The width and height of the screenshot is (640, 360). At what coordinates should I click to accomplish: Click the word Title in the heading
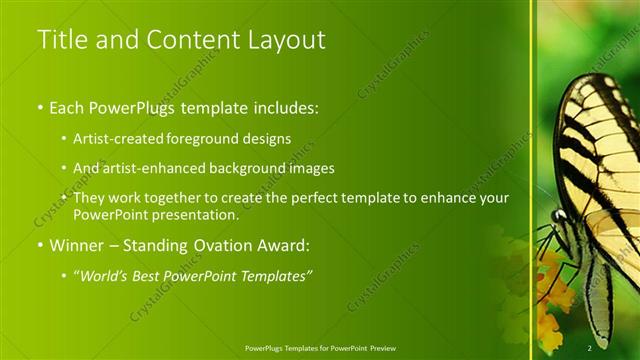[61, 40]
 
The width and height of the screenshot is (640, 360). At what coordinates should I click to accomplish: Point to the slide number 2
[590, 347]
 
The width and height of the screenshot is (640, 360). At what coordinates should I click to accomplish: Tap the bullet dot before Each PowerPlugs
[40, 107]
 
